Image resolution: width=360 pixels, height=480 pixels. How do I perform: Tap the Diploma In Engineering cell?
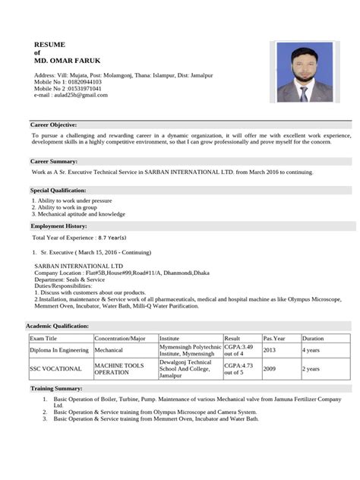(59, 351)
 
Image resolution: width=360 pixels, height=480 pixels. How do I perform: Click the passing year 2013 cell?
(270, 351)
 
